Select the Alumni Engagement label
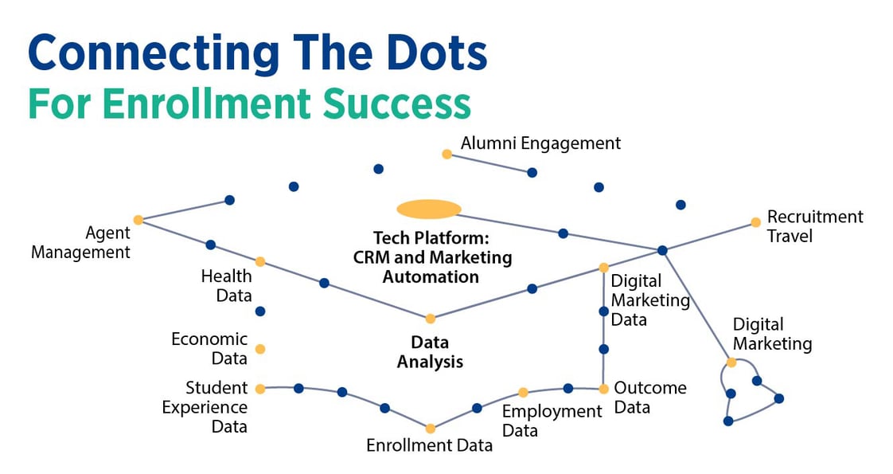pyautogui.click(x=540, y=143)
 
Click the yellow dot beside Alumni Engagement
pyautogui.click(x=446, y=154)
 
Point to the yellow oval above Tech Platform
pyautogui.click(x=429, y=209)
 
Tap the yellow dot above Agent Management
pyautogui.click(x=138, y=219)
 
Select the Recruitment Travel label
pyautogui.click(x=814, y=226)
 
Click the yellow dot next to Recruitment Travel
pyautogui.click(x=755, y=223)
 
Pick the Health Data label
pyautogui.click(x=226, y=286)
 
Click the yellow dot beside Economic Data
pyautogui.click(x=259, y=349)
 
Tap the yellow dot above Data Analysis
pyautogui.click(x=431, y=319)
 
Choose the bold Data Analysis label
pyautogui.click(x=431, y=351)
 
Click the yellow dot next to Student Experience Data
pyautogui.click(x=259, y=389)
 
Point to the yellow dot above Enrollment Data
pyautogui.click(x=431, y=429)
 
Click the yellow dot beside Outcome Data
pyautogui.click(x=603, y=389)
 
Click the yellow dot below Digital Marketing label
pyautogui.click(x=731, y=362)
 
